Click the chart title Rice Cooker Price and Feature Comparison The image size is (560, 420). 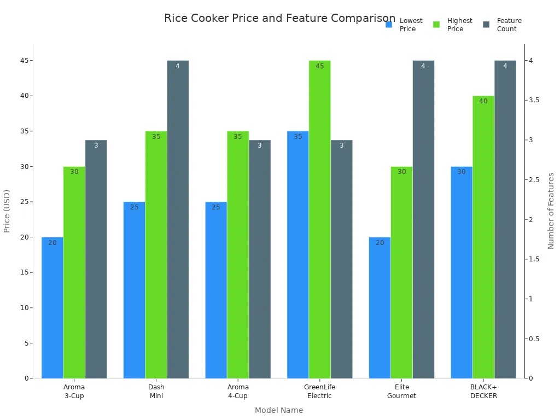click(x=279, y=18)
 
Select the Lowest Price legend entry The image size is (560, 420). click(x=404, y=25)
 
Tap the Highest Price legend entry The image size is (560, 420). click(x=452, y=25)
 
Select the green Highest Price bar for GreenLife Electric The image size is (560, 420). click(x=319, y=219)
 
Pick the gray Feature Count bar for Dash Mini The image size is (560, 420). click(x=178, y=219)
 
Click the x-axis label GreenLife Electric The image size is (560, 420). click(x=319, y=392)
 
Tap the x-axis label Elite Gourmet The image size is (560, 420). click(x=401, y=392)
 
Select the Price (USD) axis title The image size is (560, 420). click(x=7, y=211)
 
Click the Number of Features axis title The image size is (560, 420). click(x=551, y=211)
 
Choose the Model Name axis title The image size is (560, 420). click(x=279, y=410)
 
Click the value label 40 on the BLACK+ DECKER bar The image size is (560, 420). click(x=483, y=101)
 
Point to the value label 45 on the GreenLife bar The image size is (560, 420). click(x=319, y=66)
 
